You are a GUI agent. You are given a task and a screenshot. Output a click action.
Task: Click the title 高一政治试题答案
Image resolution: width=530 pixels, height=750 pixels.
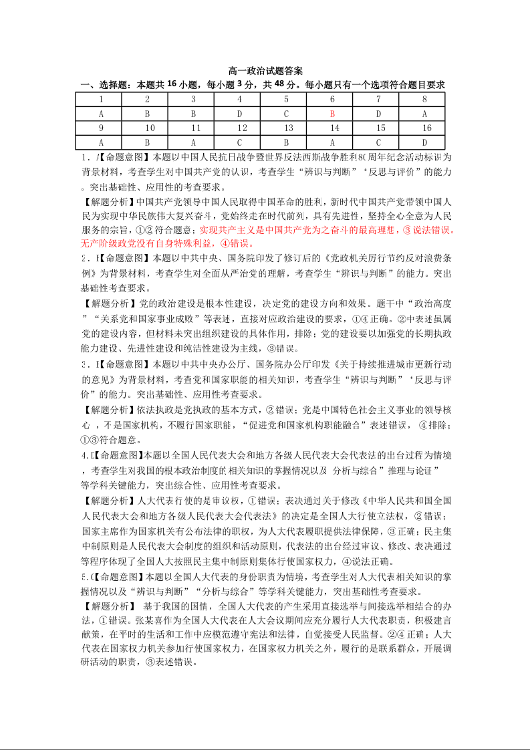[x=265, y=71]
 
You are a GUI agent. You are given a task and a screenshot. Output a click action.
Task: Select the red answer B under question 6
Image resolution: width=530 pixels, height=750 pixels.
[x=332, y=113]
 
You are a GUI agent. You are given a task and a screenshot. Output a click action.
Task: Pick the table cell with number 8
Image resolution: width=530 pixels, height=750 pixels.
[x=424, y=99]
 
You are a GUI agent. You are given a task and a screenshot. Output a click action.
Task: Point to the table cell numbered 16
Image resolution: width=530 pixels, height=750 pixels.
[x=424, y=128]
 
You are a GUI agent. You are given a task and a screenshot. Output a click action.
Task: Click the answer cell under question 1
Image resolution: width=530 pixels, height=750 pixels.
[x=101, y=113]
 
